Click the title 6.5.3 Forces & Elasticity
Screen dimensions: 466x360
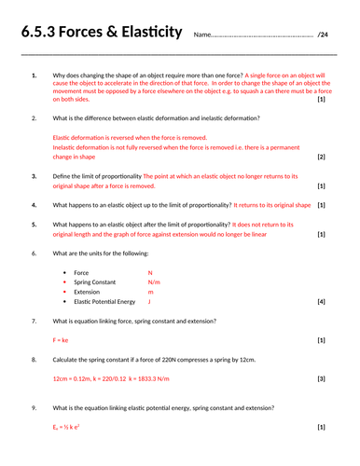click(x=101, y=34)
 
